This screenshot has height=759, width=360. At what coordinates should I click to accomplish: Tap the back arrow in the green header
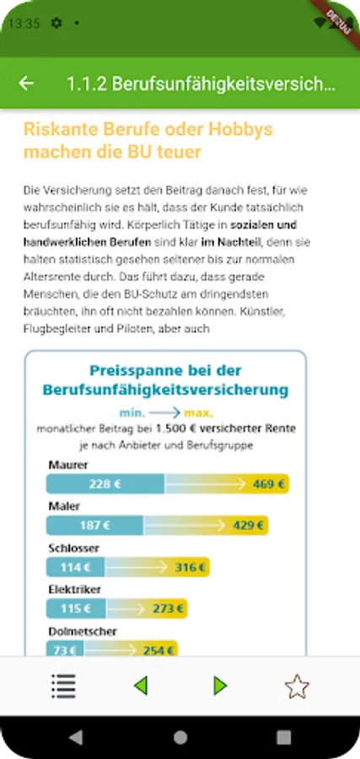(x=27, y=83)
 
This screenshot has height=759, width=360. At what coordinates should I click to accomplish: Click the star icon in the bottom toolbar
(x=296, y=686)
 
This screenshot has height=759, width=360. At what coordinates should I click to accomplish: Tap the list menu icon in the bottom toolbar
(x=63, y=686)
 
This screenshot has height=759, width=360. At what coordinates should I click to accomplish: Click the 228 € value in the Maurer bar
(x=105, y=484)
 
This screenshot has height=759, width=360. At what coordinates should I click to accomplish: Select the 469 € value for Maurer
(x=269, y=484)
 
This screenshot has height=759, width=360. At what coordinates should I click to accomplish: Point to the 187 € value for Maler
(x=94, y=525)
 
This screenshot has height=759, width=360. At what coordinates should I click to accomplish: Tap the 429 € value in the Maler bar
(x=249, y=525)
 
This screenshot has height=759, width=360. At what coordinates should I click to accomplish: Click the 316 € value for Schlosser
(x=191, y=568)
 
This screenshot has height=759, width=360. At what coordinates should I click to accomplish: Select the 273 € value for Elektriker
(x=169, y=608)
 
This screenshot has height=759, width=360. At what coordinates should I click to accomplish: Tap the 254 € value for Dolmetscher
(x=159, y=650)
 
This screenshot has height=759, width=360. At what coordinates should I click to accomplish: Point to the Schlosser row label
(x=73, y=548)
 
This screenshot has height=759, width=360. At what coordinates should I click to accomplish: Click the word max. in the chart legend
(x=200, y=413)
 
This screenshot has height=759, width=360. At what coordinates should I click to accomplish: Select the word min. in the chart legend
(x=132, y=413)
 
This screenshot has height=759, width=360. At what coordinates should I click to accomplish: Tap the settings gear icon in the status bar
(x=56, y=23)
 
